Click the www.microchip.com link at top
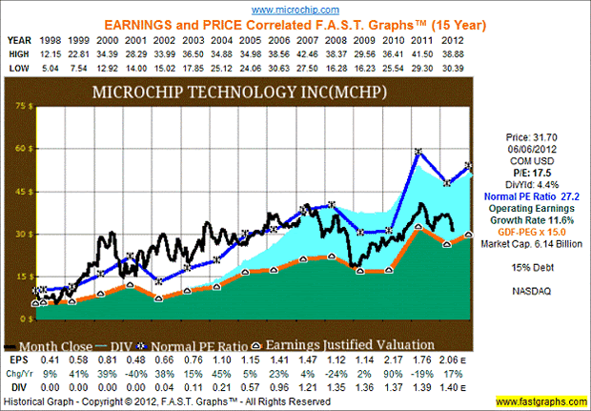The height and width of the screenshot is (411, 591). pyautogui.click(x=295, y=8)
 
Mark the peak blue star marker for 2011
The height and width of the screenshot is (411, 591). pyautogui.click(x=418, y=153)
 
